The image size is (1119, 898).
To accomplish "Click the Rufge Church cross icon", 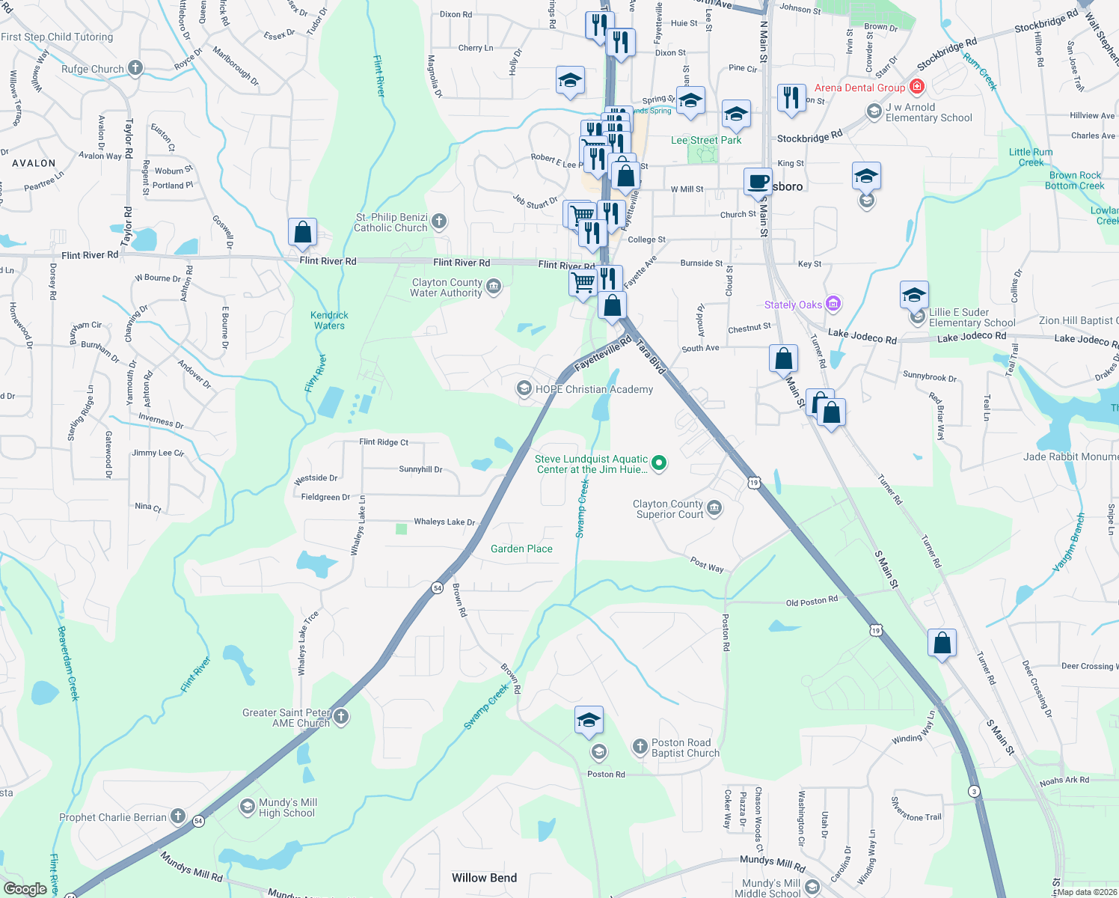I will coord(135,68).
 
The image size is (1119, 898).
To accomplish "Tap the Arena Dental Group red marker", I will coord(917,88).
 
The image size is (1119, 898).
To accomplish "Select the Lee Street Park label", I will coord(706,140).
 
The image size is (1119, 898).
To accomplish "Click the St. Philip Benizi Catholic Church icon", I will coord(439,221).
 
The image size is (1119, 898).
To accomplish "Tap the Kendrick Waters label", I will coord(329,320).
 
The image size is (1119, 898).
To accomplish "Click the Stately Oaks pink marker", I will coord(833,304).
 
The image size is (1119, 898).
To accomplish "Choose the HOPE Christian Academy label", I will coord(594,389).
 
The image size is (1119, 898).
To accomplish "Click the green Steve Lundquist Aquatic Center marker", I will coord(659,463).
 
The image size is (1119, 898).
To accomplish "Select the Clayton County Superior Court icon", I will coord(714,508).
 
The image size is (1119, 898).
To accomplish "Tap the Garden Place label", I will coord(521,549).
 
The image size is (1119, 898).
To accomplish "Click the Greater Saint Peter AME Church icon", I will coord(341,717).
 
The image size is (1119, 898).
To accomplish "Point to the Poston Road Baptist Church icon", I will coord(640,746).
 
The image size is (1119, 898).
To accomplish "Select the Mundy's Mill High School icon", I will coord(247,807).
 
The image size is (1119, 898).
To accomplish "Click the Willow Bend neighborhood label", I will coord(484,878).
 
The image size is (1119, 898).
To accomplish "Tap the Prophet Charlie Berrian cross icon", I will coord(178,816).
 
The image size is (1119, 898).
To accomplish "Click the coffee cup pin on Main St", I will coord(758,182).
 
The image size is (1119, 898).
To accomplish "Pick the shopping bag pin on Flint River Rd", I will coord(303,232).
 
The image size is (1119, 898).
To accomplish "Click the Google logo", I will coord(25,888).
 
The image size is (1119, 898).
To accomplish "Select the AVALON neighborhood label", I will coord(34,163).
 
